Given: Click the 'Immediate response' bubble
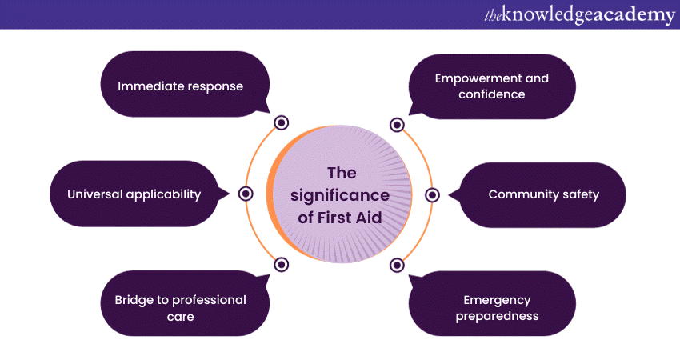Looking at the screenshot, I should (180, 85).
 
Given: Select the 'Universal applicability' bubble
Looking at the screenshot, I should (134, 194).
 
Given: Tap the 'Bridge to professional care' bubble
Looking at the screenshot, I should (180, 308).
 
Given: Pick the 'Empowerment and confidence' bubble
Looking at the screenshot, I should (492, 86).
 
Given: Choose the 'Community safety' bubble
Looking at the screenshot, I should (543, 194).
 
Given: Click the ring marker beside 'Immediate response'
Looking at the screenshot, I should (281, 122).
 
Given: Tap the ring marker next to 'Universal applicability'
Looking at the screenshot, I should (246, 194).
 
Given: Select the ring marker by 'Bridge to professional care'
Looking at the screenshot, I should (281, 265).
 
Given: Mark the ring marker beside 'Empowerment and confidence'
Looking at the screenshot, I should (397, 124).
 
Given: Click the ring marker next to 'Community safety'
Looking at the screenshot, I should (432, 194).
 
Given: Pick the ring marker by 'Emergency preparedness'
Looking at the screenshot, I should (397, 265).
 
